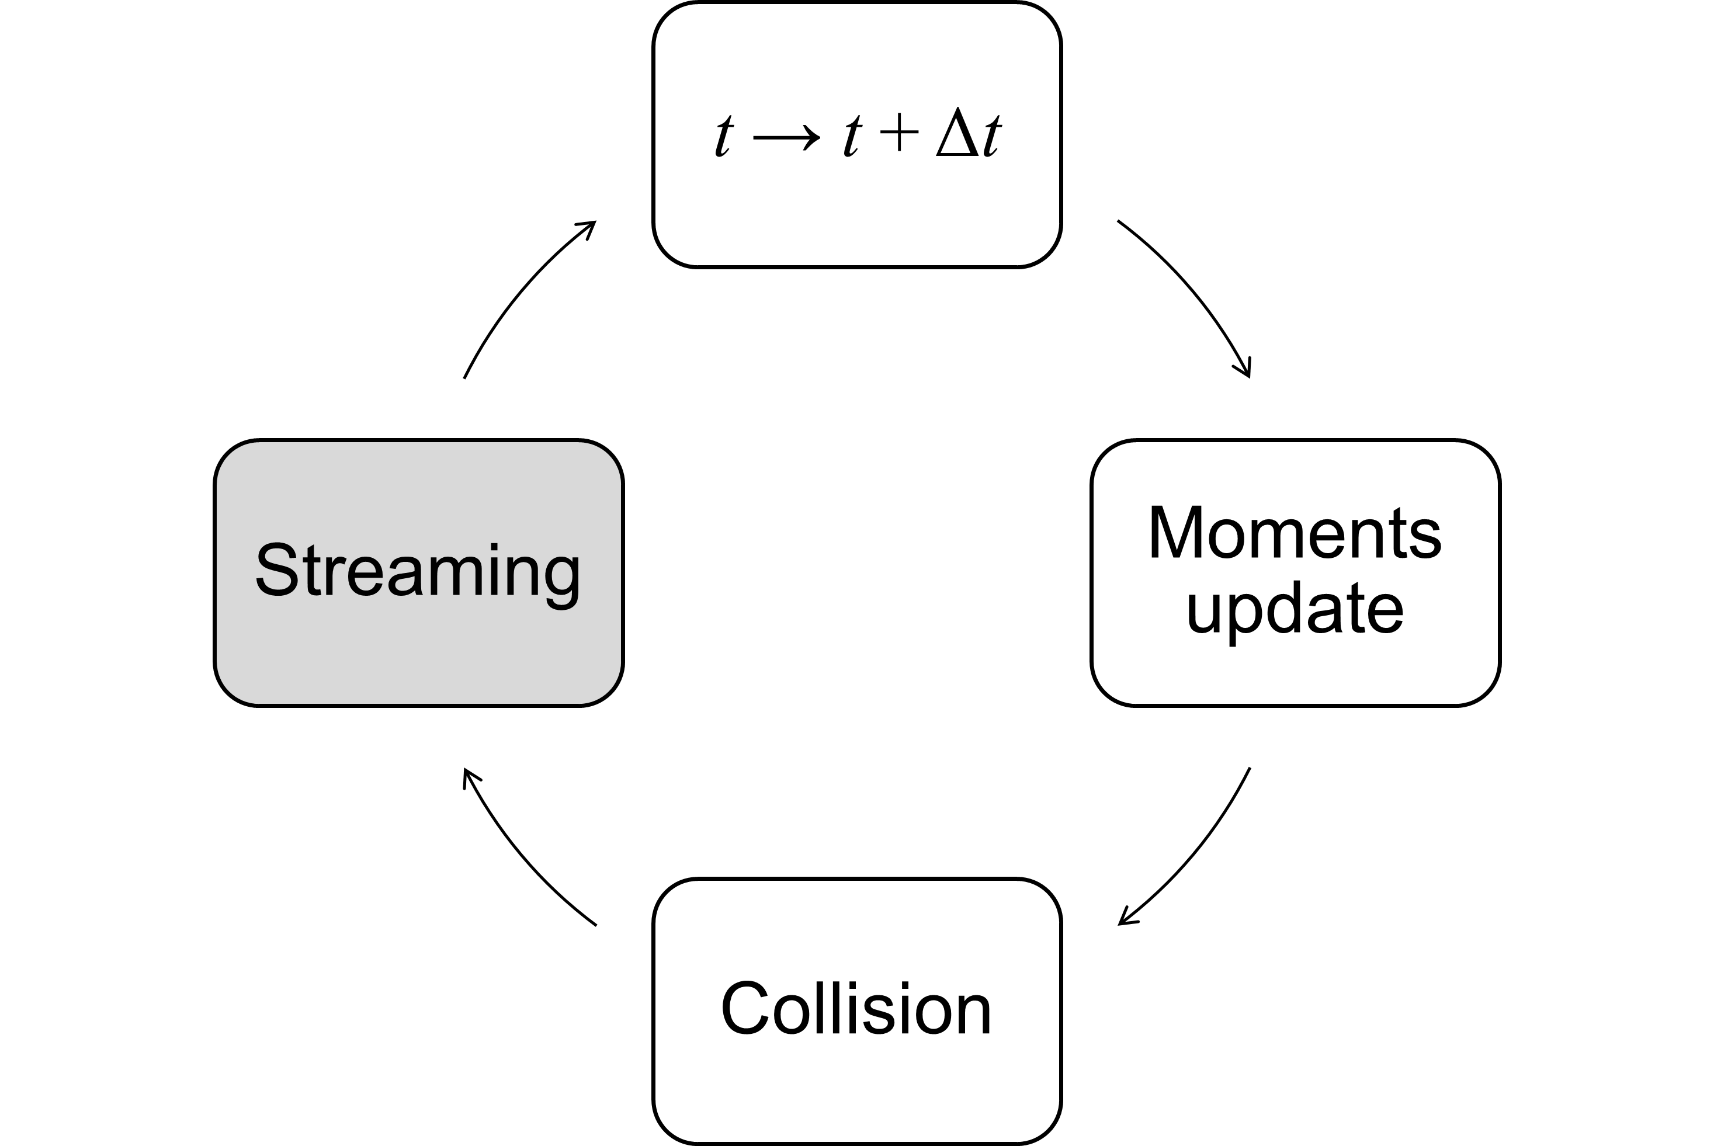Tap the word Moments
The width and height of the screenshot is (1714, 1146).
[1295, 533]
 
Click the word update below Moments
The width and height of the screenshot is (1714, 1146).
[1295, 609]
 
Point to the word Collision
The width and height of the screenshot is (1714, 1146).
[856, 1009]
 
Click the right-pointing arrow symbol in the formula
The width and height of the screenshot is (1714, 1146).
[786, 137]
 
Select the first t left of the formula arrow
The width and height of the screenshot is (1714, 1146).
[724, 136]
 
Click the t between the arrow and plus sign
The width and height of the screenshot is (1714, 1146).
[852, 136]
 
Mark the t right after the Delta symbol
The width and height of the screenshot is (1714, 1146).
[992, 136]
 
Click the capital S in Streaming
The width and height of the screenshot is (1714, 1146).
[277, 569]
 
